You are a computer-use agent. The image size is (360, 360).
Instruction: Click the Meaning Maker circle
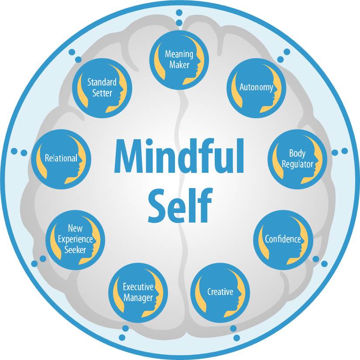[179, 60]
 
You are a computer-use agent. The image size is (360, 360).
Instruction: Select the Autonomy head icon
[257, 88]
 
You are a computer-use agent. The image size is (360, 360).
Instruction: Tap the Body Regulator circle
[297, 159]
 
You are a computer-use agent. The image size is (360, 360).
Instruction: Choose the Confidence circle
[283, 240]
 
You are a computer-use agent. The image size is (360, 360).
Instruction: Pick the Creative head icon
[220, 293]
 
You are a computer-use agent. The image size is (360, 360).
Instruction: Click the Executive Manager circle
[138, 293]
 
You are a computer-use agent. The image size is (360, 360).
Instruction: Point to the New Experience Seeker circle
[75, 240]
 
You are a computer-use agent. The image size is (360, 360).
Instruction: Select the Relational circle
[61, 159]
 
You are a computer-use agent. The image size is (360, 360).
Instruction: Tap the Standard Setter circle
[102, 88]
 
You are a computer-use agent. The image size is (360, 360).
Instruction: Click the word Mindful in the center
[179, 156]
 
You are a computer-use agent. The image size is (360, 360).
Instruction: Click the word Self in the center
[179, 206]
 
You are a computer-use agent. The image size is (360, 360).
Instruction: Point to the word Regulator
[298, 165]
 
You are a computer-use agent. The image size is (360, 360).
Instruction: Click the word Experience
[75, 240]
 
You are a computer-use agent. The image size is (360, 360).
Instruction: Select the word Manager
[138, 298]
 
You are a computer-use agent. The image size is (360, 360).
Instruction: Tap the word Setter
[102, 93]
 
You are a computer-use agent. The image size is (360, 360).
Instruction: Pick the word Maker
[179, 65]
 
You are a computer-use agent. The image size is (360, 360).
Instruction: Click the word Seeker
[75, 250]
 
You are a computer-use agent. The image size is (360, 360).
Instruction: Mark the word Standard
[102, 82]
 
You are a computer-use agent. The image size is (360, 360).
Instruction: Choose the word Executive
[138, 287]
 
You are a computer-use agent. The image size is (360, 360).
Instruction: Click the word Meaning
[179, 55]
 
